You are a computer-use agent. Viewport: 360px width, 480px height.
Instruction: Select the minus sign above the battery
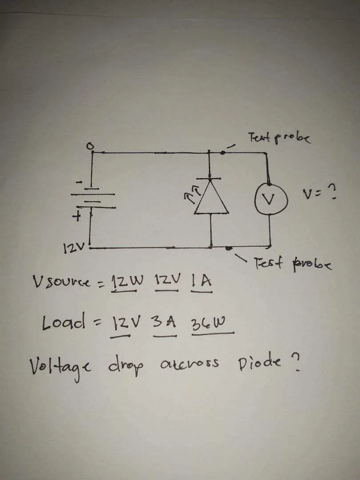(x=79, y=183)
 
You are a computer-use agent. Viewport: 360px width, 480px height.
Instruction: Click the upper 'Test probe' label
(x=279, y=138)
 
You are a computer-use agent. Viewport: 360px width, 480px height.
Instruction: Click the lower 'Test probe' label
(x=292, y=264)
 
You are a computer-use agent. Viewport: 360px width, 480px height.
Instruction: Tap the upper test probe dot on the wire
(x=223, y=152)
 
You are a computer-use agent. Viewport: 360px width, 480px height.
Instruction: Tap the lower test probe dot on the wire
(x=228, y=248)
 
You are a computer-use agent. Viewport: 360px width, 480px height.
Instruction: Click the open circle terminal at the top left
(x=90, y=147)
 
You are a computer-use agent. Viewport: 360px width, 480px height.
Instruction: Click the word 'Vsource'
(x=61, y=281)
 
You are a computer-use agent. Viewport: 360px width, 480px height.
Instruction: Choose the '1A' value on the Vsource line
(x=201, y=281)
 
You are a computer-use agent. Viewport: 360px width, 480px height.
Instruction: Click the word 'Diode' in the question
(x=259, y=363)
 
